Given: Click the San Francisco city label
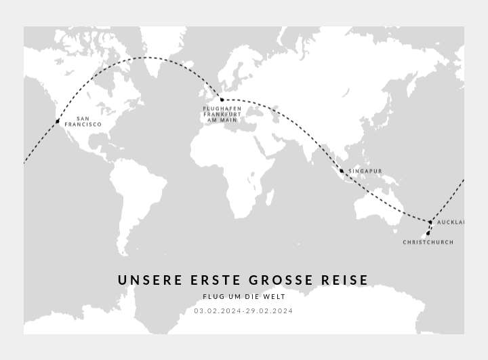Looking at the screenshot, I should click(x=83, y=121).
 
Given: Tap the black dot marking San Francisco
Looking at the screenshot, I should click(x=58, y=121).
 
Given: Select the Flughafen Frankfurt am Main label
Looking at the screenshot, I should click(x=222, y=115).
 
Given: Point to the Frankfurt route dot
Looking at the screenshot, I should click(x=222, y=100).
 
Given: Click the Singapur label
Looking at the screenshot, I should click(x=365, y=171).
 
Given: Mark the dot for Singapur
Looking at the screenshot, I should click(x=342, y=171).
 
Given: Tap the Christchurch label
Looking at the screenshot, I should click(x=428, y=242).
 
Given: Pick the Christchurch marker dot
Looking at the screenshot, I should click(x=428, y=233).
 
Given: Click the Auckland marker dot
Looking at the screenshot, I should click(x=430, y=222).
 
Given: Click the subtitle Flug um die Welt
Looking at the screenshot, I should click(x=244, y=297).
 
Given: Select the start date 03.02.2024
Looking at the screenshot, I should click(x=218, y=311).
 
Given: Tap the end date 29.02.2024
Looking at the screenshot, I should click(x=270, y=311).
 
